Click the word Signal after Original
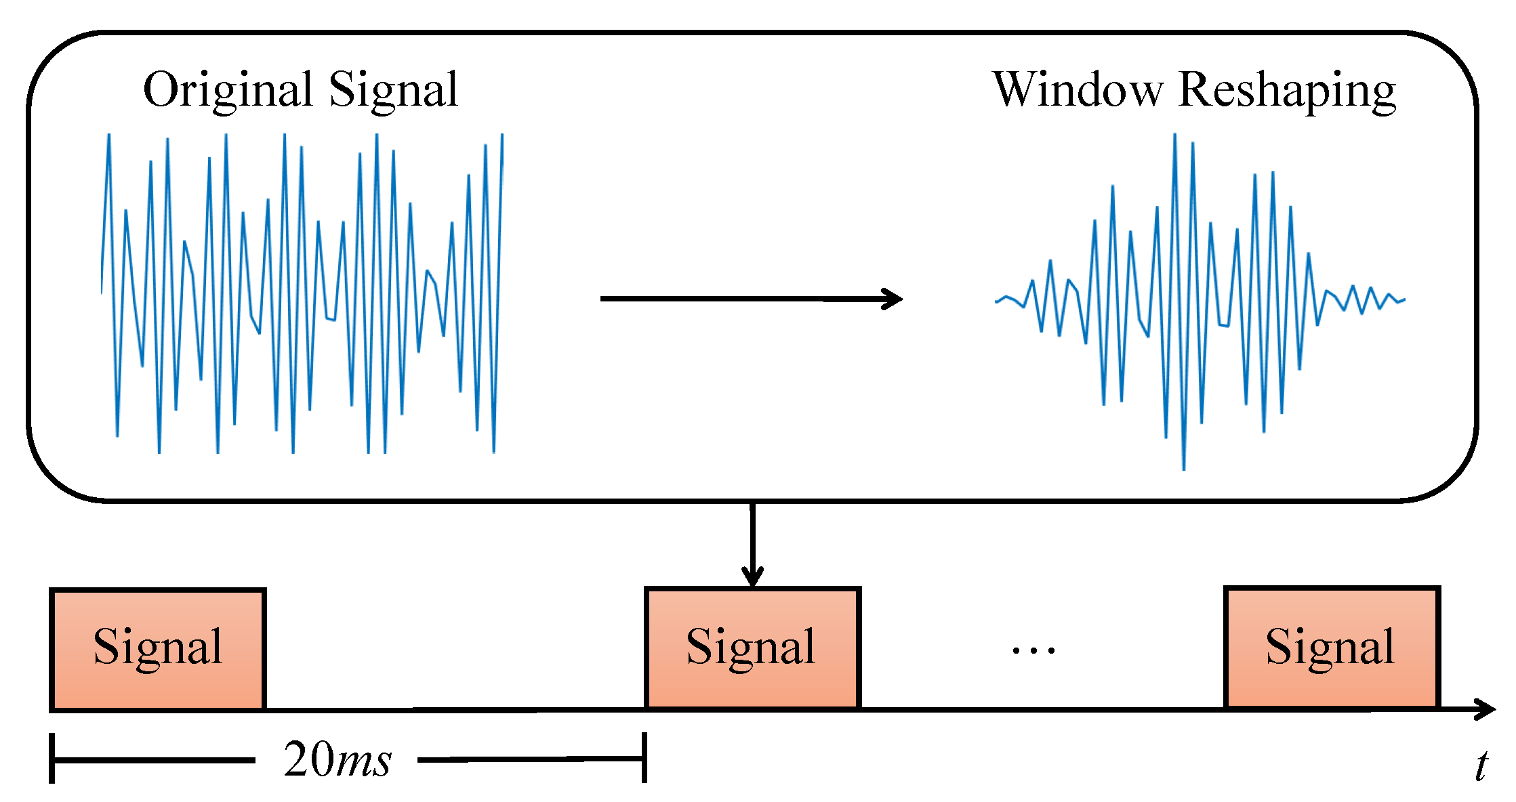pos(393,89)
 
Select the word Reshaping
pos(1287,91)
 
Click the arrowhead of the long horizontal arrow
pos(893,299)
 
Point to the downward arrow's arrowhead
pos(752,578)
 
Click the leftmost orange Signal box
pos(157,649)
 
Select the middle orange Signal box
pos(752,649)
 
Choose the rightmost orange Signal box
pos(1331,649)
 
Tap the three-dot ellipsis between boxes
pos(1033,651)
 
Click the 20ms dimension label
pos(337,759)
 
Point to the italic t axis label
pos(1482,766)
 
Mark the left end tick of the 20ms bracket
pos(52,759)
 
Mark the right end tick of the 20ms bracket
pos(644,757)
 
